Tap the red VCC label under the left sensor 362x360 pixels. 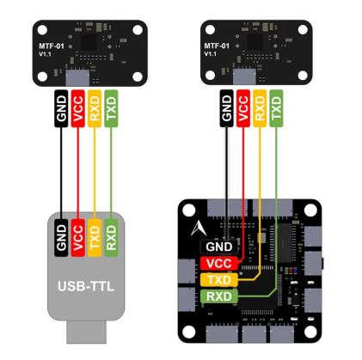coord(78,109)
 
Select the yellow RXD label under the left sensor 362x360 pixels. coord(95,109)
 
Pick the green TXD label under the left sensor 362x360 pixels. coord(110,109)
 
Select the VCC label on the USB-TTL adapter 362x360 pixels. coord(78,235)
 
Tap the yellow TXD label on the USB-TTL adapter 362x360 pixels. coord(95,235)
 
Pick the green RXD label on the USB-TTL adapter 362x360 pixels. coord(110,235)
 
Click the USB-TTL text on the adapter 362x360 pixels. coord(86,284)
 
